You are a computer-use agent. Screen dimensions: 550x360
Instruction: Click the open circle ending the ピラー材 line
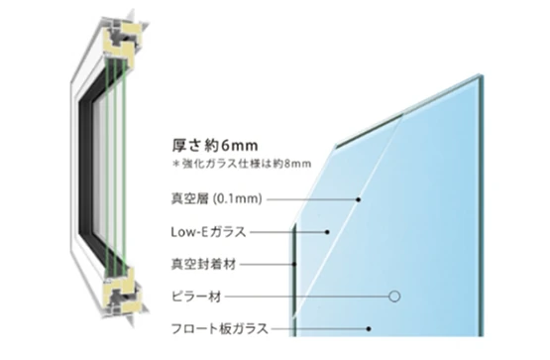point(393,296)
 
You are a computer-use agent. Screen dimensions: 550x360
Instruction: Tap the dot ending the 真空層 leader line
point(359,199)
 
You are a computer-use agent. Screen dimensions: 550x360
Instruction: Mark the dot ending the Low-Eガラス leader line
point(327,232)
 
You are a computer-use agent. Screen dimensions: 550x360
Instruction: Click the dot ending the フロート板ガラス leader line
point(368,328)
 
